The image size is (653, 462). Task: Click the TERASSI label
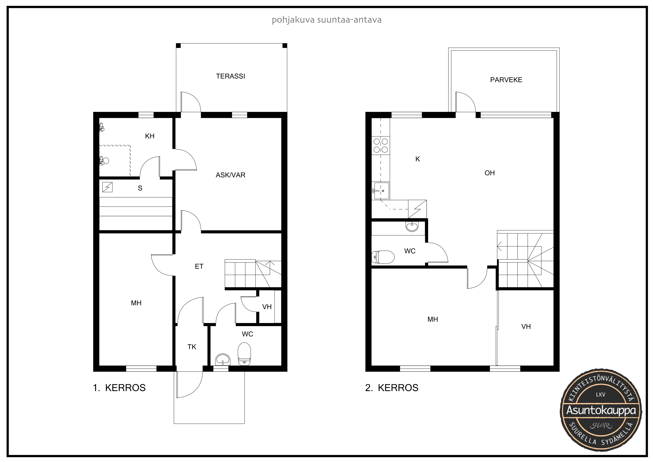[x=230, y=76]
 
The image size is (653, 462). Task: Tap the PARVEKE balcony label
[x=506, y=80]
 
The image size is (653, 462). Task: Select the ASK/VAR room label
[x=230, y=175]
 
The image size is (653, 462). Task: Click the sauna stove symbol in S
[x=108, y=187]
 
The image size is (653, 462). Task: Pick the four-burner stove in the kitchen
[x=380, y=145]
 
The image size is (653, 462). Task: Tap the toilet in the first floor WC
[x=244, y=354]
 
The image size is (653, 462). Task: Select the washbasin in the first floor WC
[x=223, y=359]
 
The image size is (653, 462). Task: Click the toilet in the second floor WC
[x=383, y=257]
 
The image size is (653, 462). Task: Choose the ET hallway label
[x=199, y=266]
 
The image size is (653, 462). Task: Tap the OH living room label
[x=489, y=173]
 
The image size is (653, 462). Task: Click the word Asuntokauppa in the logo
[x=601, y=410]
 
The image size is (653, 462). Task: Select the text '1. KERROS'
[x=119, y=388]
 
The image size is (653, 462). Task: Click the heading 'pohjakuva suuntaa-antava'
[x=326, y=20]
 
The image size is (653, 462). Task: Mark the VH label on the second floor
[x=526, y=327]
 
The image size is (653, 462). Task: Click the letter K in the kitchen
[x=418, y=159]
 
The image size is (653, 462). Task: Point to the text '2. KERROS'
[x=392, y=388]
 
